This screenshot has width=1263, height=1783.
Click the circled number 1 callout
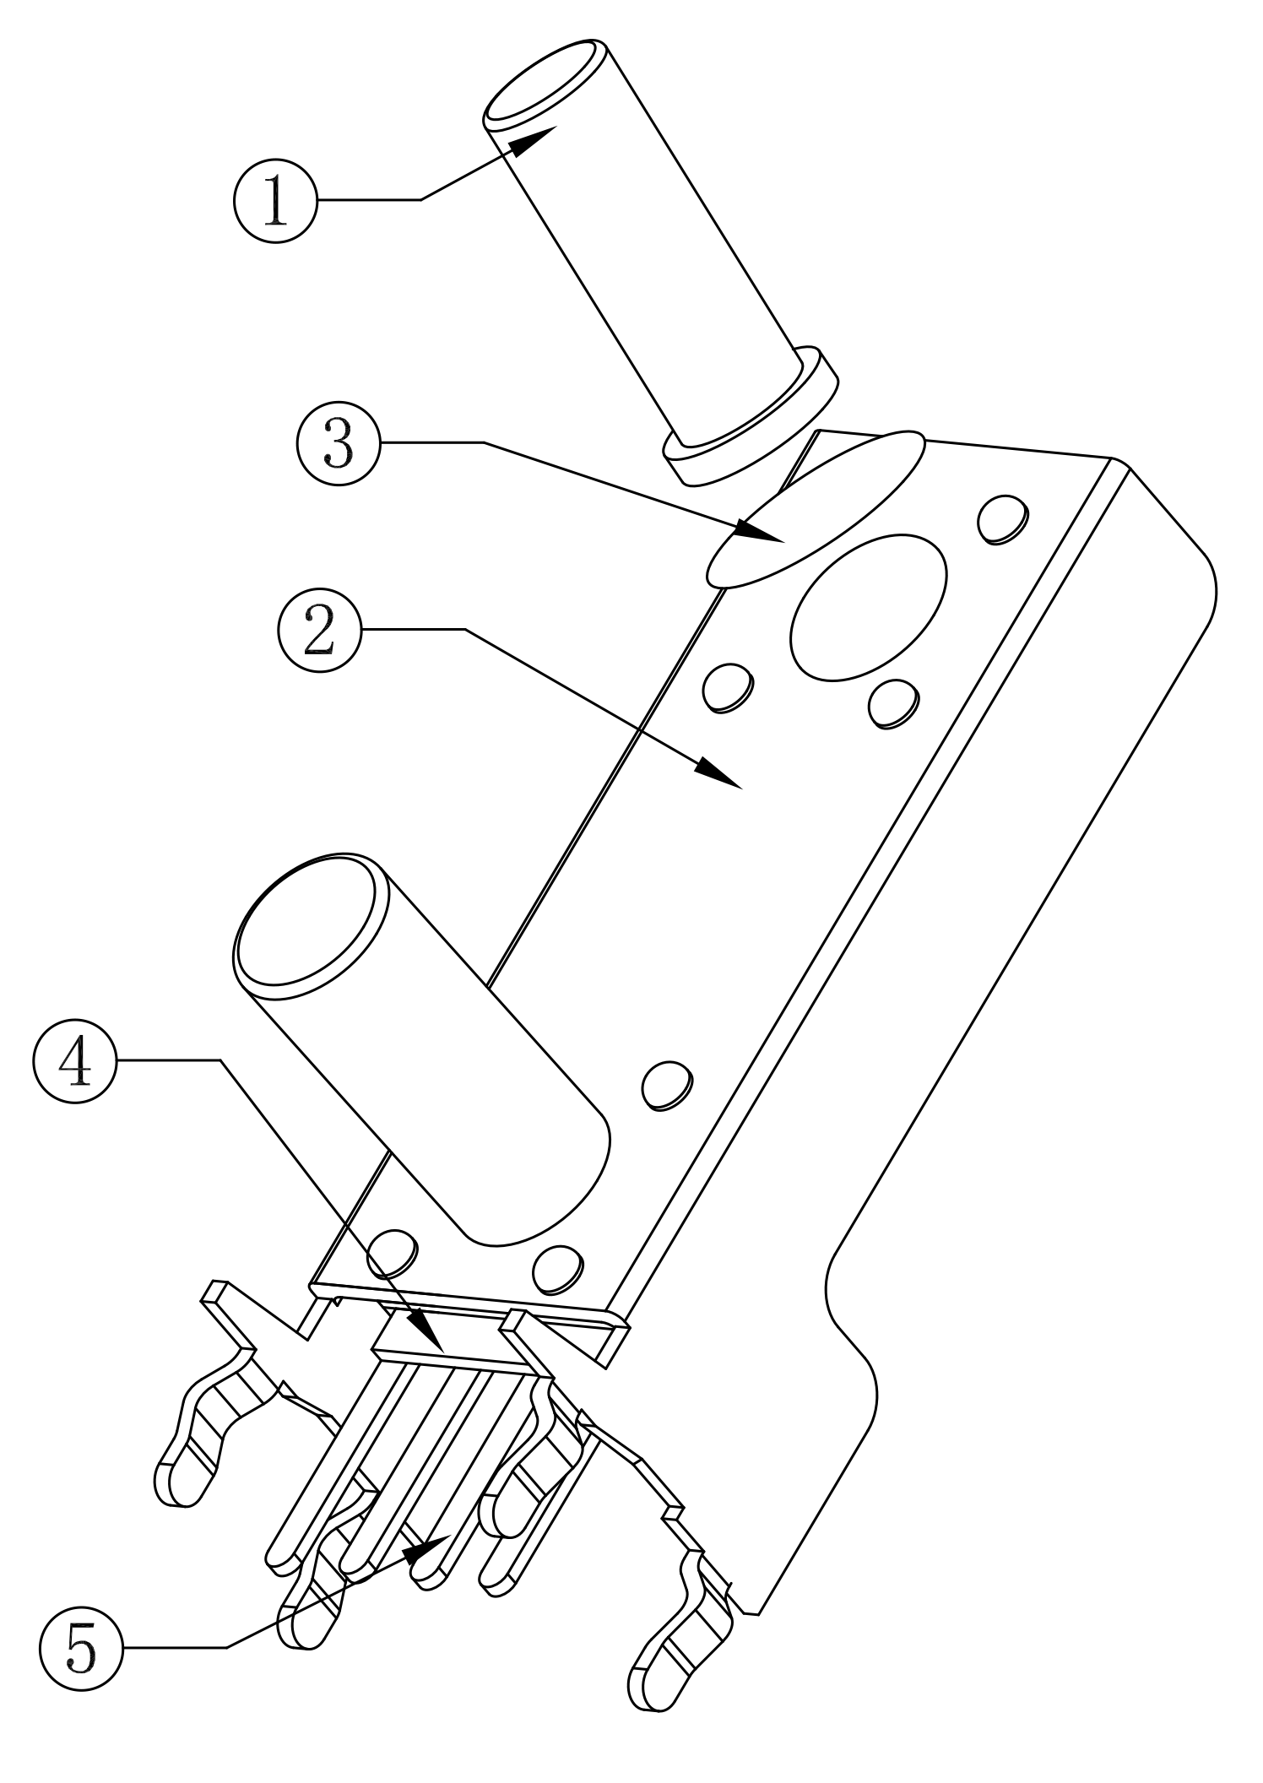pyautogui.click(x=275, y=201)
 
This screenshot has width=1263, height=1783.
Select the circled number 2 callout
pyautogui.click(x=320, y=630)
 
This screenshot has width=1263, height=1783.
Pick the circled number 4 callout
pyautogui.click(x=76, y=1061)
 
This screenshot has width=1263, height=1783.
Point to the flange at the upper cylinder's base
pyautogui.click(x=751, y=417)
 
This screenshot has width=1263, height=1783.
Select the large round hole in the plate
pyautogui.click(x=867, y=606)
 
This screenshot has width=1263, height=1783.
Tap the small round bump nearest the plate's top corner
pyautogui.click(x=1002, y=519)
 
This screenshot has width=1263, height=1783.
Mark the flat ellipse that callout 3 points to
pyautogui.click(x=816, y=509)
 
